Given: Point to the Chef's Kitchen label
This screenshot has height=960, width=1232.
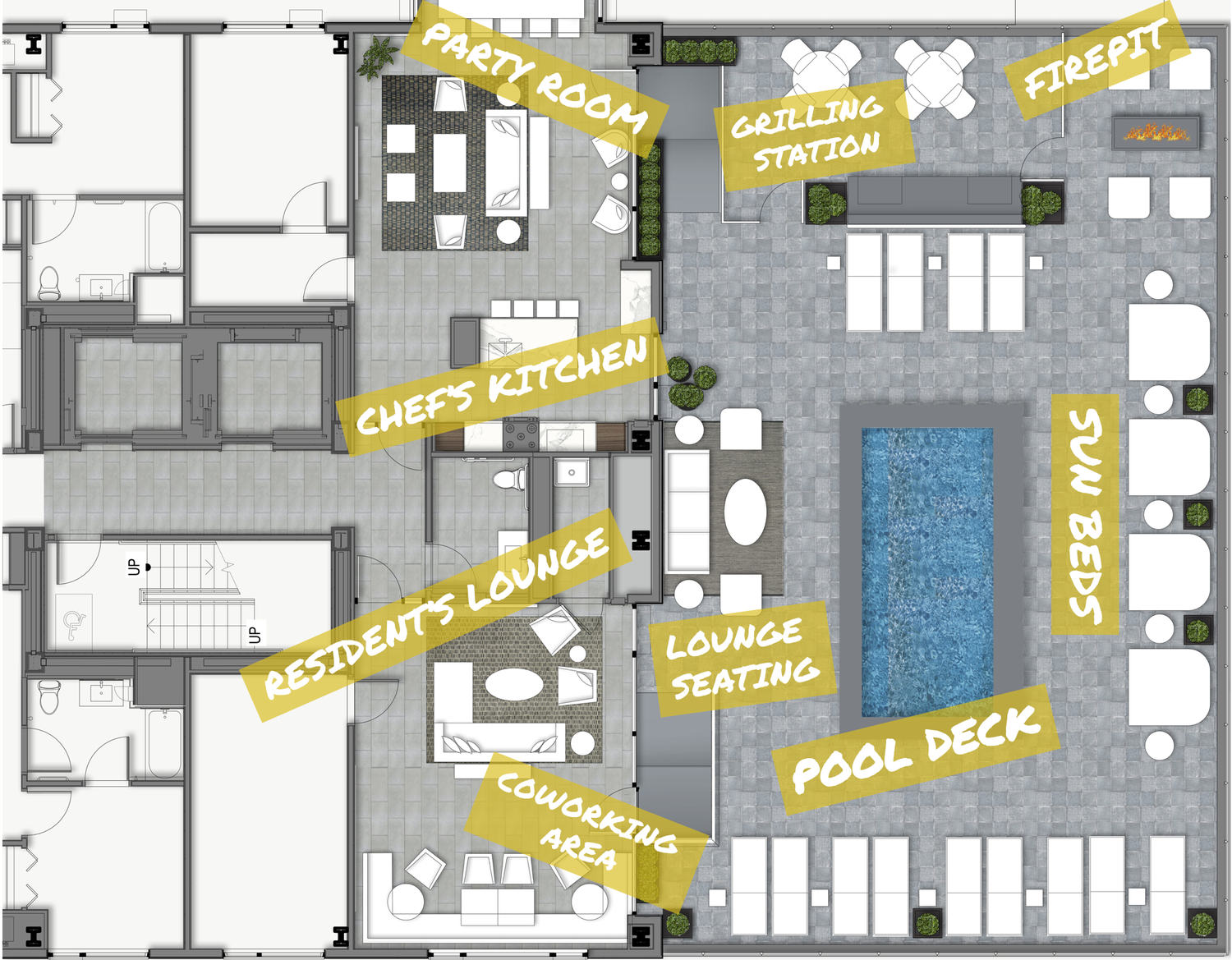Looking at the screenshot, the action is pos(502,385).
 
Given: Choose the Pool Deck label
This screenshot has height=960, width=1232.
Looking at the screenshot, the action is pos(916,749).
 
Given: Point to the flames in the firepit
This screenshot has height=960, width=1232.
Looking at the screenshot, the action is pos(1156,133).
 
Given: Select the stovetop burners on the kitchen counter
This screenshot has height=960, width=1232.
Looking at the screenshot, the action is pos(520,436).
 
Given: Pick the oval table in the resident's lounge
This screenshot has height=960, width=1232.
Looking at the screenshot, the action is pos(513,685).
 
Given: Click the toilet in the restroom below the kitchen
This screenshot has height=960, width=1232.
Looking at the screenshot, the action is pos(510,480).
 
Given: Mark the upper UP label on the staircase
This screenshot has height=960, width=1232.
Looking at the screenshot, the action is pos(134,567).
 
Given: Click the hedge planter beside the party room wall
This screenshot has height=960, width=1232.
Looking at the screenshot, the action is pos(650,199).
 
